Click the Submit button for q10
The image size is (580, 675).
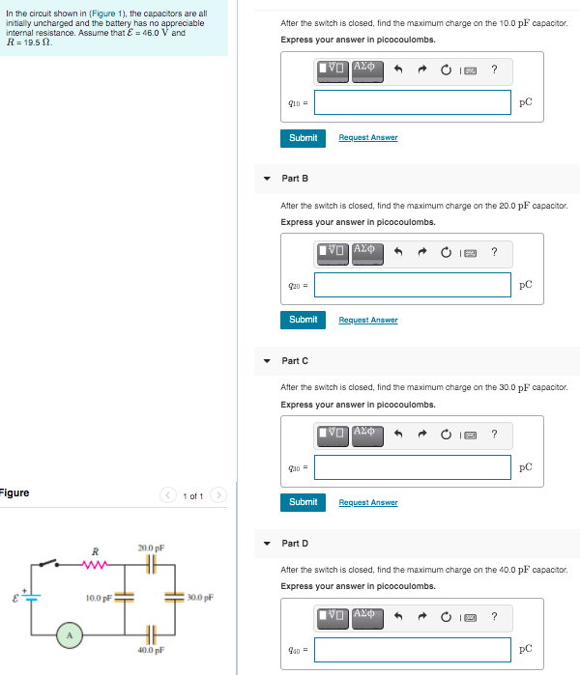303,138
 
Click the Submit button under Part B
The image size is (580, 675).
303,320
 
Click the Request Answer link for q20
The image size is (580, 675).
367,320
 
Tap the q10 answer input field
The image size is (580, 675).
413,102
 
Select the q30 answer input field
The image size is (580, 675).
413,467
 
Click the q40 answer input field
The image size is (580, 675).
413,649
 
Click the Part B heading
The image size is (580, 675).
295,179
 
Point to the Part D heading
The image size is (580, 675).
295,544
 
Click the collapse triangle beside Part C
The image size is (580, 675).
268,361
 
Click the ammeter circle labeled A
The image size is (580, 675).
68,634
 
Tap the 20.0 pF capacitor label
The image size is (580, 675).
151,548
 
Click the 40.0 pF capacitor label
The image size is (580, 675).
151,651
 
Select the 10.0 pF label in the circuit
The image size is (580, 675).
100,598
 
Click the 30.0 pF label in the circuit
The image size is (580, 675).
201,598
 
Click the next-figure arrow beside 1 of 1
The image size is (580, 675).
218,496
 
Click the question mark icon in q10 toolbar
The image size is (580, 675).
494,69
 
